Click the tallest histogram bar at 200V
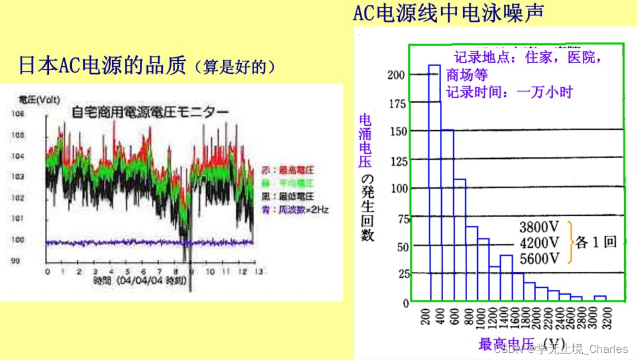(435, 183)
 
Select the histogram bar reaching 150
(448, 215)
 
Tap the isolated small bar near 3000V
(600, 299)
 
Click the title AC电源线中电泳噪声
(448, 12)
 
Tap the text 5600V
(539, 258)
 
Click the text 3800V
(539, 227)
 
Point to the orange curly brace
(571, 242)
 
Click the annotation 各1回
(596, 243)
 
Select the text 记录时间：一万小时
(509, 92)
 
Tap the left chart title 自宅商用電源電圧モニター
(151, 112)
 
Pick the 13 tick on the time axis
(257, 271)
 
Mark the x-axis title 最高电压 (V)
(521, 344)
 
